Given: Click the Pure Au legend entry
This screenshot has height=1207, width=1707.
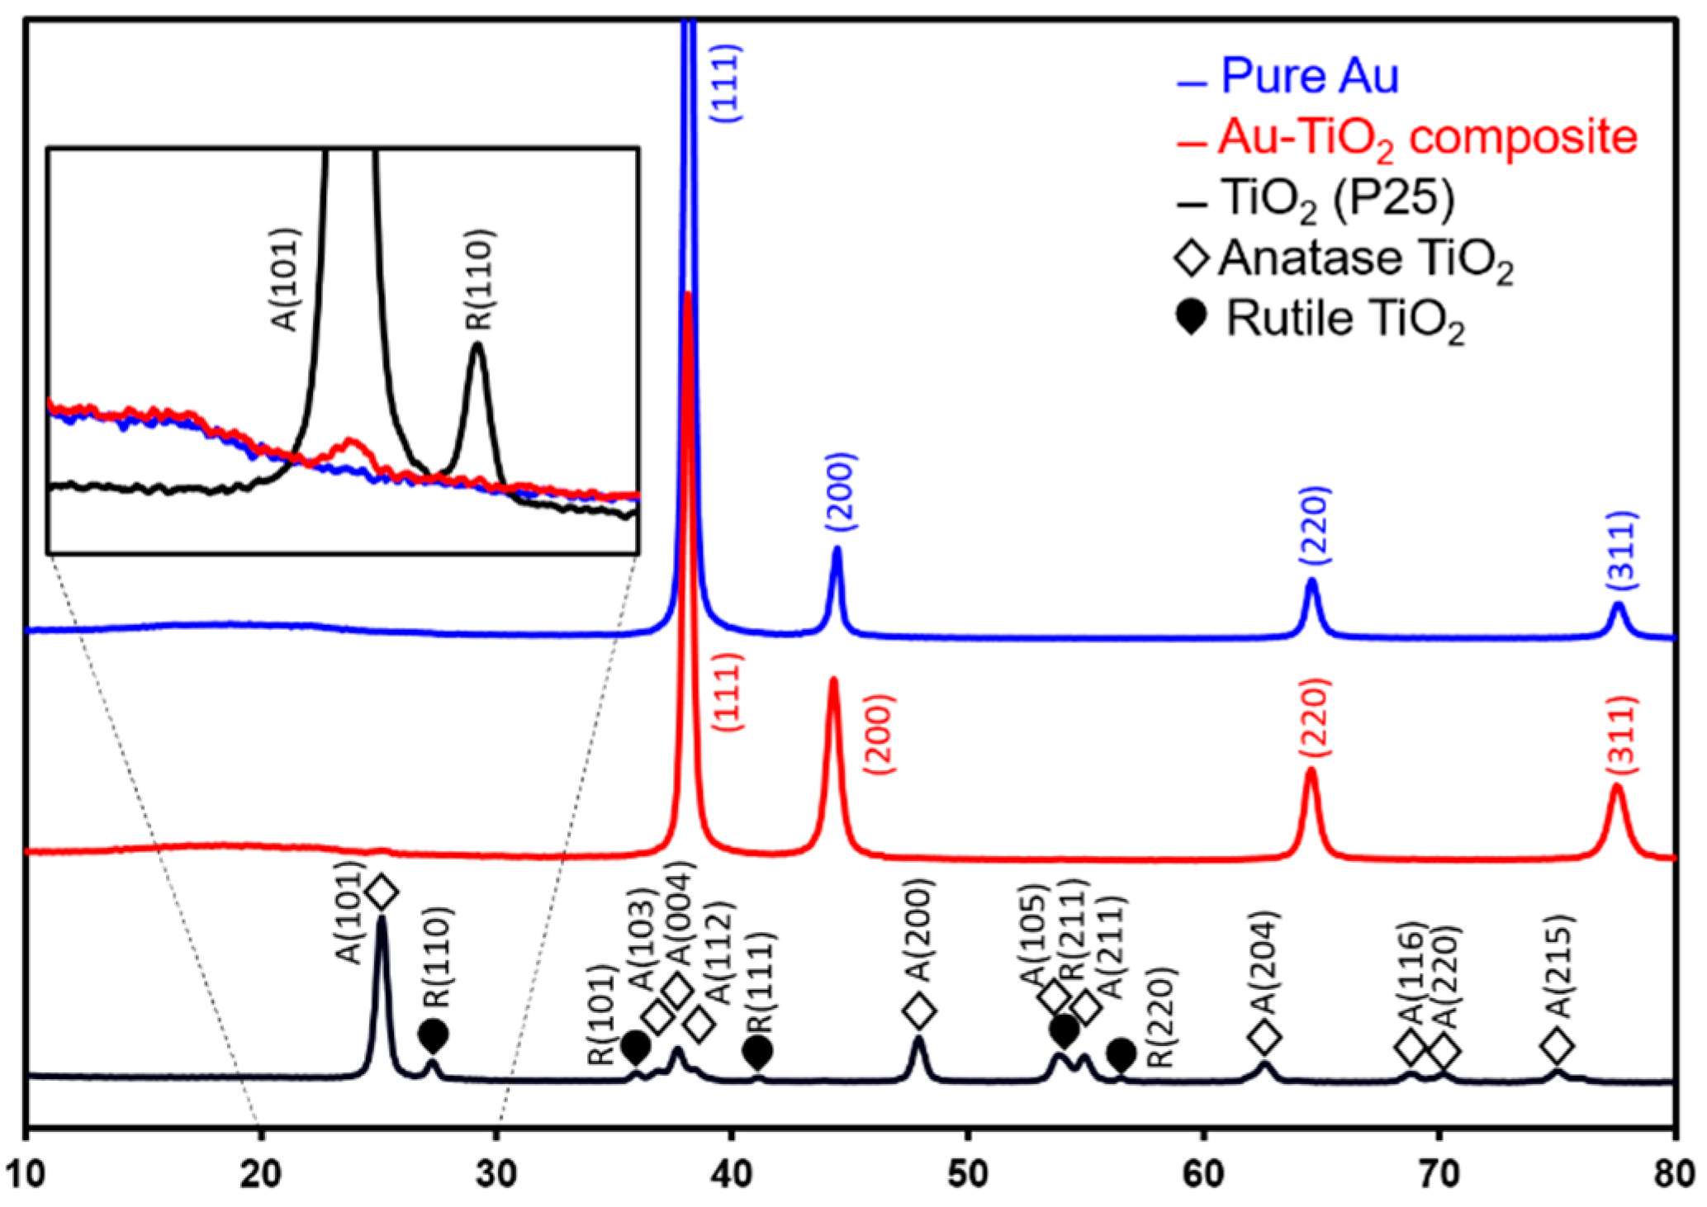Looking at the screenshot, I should (1309, 77).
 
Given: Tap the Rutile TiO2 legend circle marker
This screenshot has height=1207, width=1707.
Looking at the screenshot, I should (1192, 317).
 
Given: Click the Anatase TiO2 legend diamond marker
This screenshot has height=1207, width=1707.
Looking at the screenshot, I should (1193, 257).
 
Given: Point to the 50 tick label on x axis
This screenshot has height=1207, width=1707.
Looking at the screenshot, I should (967, 1174).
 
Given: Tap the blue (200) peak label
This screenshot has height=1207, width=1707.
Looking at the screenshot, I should (842, 492).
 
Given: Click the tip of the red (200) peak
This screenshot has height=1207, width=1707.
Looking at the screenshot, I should (833, 680).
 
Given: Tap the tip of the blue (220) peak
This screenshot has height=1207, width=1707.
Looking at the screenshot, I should (1311, 581).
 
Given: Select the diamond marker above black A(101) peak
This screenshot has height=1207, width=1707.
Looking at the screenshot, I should (382, 892).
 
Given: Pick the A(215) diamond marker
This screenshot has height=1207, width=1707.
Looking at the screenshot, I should (1557, 1046).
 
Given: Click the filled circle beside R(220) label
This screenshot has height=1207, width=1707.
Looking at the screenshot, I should (1121, 1053).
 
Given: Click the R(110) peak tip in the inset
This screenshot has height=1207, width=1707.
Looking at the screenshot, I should (477, 345).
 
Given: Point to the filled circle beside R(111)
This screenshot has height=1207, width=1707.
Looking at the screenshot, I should (757, 1052).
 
